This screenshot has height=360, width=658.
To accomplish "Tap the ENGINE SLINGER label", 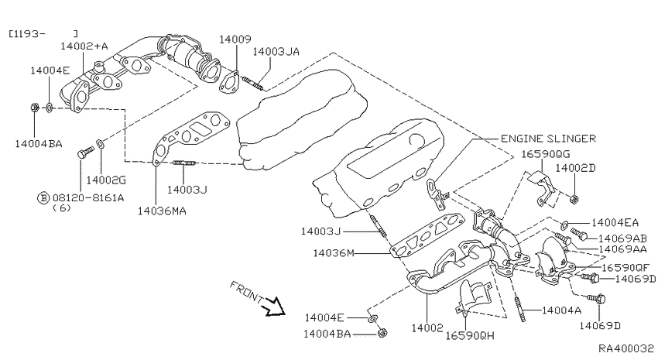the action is coord(548,139).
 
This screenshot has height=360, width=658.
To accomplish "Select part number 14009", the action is coord(235,39).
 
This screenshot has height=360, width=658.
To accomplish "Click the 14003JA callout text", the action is coord(276,52).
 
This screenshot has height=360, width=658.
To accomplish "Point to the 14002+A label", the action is coord(84,46).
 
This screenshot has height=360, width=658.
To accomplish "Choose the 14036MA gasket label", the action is coord(162,211).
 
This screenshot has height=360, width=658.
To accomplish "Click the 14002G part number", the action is coord(106,180).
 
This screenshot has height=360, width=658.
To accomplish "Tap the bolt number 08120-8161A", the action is coord(88,197).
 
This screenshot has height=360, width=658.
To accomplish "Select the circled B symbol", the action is coord(43,197).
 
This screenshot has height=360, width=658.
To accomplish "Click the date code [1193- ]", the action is coord(43,33).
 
